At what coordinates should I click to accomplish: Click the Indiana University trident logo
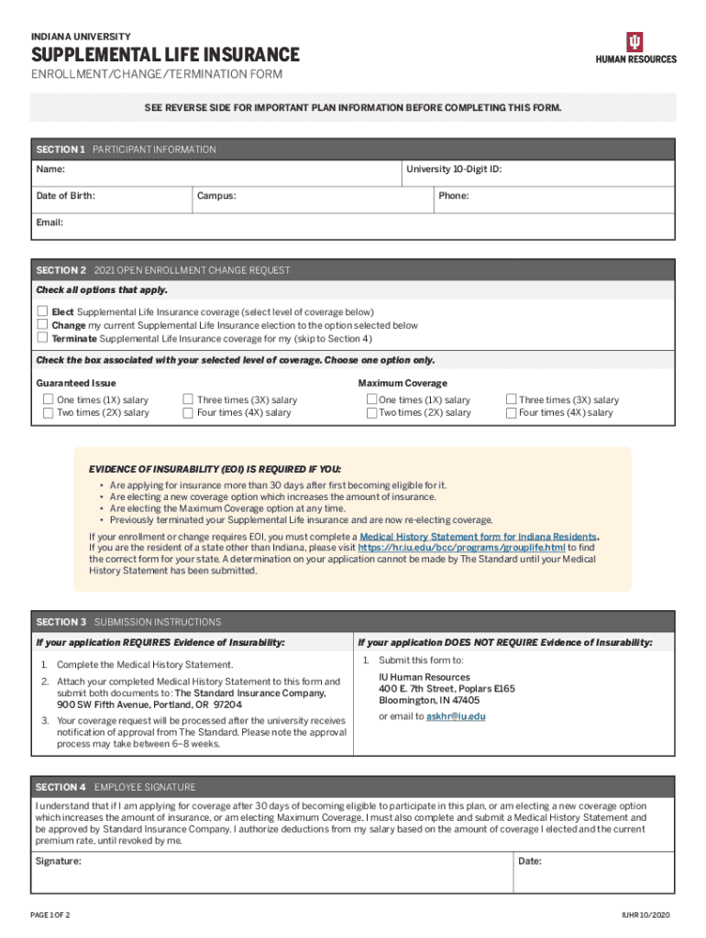(635, 41)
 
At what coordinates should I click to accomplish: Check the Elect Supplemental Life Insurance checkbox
(42, 312)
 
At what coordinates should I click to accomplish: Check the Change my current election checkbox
(42, 324)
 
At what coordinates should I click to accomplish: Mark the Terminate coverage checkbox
(42, 337)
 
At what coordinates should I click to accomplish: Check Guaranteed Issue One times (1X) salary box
(49, 400)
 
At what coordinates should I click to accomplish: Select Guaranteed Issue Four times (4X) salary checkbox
(188, 413)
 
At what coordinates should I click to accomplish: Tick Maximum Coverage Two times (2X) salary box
(371, 413)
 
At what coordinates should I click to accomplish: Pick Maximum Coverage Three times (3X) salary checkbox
(512, 400)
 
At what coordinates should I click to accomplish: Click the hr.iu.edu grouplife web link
(461, 548)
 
